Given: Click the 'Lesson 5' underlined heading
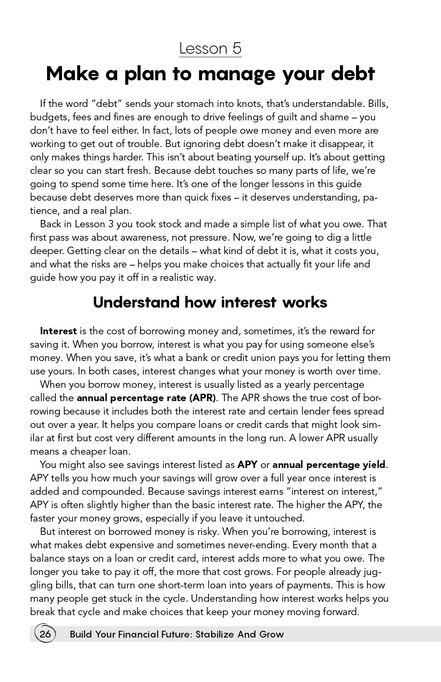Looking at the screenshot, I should (210, 49).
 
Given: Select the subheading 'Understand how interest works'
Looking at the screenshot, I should (210, 302).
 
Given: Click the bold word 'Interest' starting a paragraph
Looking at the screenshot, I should (58, 331).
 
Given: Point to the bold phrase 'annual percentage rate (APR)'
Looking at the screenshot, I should (146, 398).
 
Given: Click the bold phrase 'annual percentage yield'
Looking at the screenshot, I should (329, 465).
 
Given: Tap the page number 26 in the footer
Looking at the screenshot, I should (45, 634).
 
